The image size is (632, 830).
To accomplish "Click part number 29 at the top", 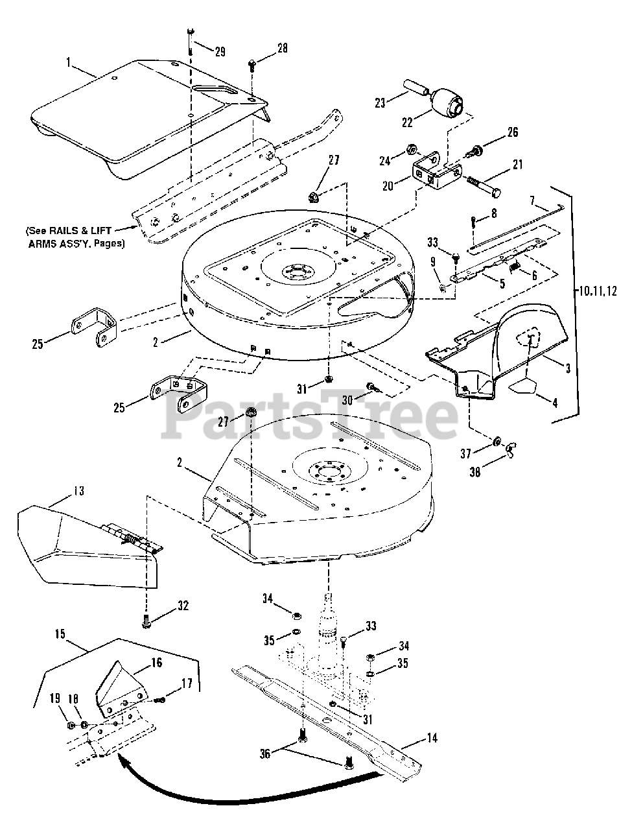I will pos(220,51).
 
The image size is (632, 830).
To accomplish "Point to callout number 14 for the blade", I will pos(431,737).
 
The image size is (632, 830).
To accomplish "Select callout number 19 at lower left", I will pos(55,698).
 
